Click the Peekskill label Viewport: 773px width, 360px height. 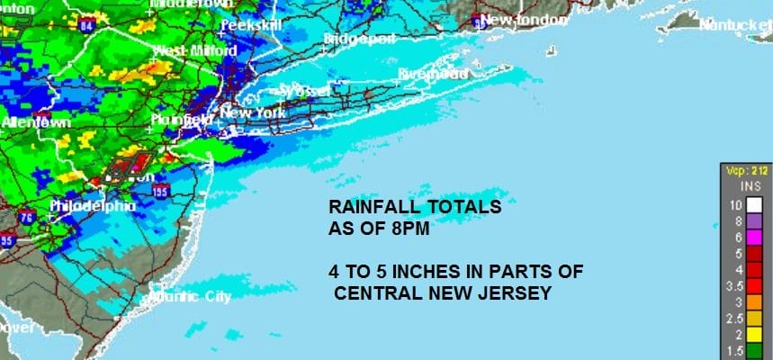click(251, 25)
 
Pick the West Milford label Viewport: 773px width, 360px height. click(188, 49)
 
